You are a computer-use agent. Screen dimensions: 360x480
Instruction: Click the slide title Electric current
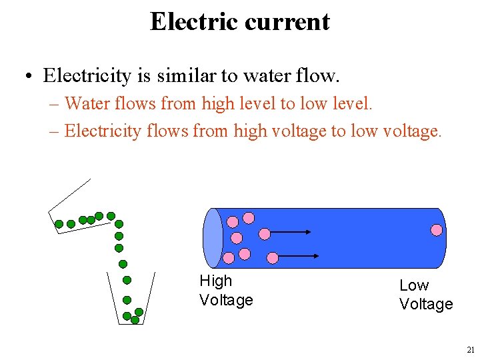pyautogui.click(x=239, y=21)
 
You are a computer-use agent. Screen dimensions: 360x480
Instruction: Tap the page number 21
pyautogui.click(x=471, y=350)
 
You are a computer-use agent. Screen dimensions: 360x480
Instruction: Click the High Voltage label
pyautogui.click(x=226, y=291)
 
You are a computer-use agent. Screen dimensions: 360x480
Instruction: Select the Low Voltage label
pyautogui.click(x=426, y=295)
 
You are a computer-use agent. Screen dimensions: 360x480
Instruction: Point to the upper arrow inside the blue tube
pyautogui.click(x=291, y=232)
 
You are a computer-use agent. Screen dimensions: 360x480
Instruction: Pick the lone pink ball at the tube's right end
pyautogui.click(x=436, y=230)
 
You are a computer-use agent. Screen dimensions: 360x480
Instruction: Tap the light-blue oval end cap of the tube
pyautogui.click(x=213, y=238)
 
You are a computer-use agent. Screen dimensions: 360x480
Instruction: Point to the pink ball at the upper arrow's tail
pyautogui.click(x=265, y=233)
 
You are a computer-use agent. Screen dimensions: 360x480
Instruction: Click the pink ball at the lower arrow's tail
pyautogui.click(x=272, y=257)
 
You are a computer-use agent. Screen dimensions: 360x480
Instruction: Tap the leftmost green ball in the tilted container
pyautogui.click(x=59, y=224)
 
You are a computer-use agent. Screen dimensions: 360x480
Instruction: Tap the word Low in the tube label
pyautogui.click(x=414, y=285)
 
